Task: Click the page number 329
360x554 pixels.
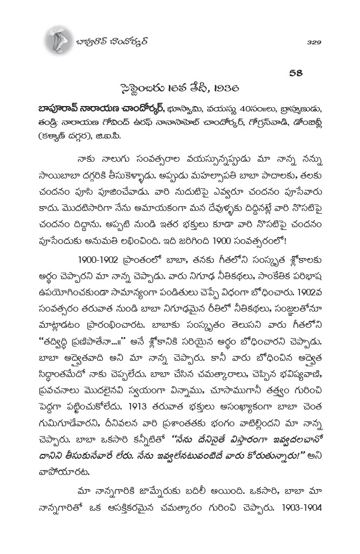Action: [x=314, y=42]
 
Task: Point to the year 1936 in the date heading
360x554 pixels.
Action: [x=228, y=88]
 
